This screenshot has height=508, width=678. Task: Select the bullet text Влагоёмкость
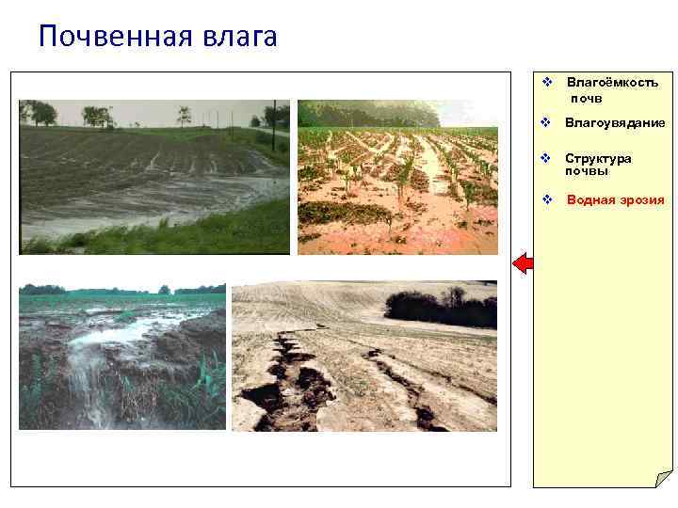coord(612,83)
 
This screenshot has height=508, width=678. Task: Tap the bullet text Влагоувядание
coord(615,123)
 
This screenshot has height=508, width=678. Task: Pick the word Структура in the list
coord(598,158)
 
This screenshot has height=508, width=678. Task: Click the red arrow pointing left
coord(523,263)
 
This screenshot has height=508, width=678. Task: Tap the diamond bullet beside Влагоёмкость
coord(545,83)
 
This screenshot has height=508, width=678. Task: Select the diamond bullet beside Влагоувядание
coord(545,123)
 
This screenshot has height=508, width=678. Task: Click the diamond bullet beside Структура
coord(545,158)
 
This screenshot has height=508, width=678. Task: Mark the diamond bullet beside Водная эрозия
coord(547,199)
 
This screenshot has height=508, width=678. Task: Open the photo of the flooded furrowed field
coord(154,177)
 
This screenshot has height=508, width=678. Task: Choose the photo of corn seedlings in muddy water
coord(397,177)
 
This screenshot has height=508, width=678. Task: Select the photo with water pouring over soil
coord(122,357)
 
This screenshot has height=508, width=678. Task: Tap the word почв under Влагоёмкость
coord(586,98)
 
